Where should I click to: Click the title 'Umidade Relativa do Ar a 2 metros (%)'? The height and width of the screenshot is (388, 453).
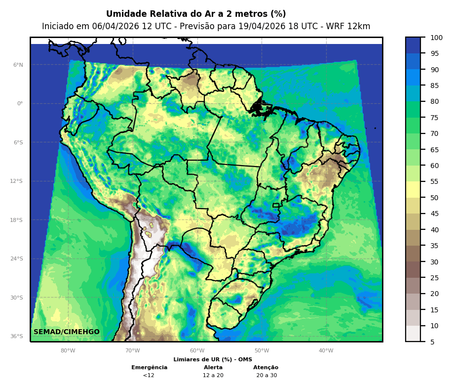pyautogui.click(x=196, y=14)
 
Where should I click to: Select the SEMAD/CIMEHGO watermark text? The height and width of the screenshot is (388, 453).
pyautogui.click(x=67, y=332)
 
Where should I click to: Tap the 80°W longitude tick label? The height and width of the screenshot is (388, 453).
pyautogui.click(x=68, y=351)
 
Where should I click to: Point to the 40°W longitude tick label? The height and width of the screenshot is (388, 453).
pyautogui.click(x=326, y=351)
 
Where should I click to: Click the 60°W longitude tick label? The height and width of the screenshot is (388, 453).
pyautogui.click(x=197, y=351)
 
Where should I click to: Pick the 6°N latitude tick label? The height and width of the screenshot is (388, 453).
pyautogui.click(x=18, y=65)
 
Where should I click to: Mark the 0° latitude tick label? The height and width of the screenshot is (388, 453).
pyautogui.click(x=20, y=104)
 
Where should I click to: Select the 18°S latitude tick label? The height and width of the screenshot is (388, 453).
pyautogui.click(x=17, y=220)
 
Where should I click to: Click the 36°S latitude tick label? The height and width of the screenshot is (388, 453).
pyautogui.click(x=17, y=336)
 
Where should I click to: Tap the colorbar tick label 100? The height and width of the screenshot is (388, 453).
pyautogui.click(x=436, y=38)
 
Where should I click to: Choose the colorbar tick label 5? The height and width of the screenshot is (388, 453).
pyautogui.click(x=432, y=342)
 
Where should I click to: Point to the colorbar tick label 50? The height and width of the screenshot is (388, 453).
pyautogui.click(x=434, y=198)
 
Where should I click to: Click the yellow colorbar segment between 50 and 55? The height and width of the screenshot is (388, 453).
pyautogui.click(x=413, y=189)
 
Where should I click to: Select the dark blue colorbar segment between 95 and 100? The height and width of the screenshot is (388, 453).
pyautogui.click(x=413, y=45)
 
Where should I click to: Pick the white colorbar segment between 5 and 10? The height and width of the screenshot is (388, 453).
pyautogui.click(x=413, y=334)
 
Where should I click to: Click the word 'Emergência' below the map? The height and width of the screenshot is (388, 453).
pyautogui.click(x=150, y=367)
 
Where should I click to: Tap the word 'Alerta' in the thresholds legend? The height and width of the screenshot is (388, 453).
pyautogui.click(x=213, y=367)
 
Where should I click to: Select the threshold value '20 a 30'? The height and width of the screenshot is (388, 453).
pyautogui.click(x=266, y=375)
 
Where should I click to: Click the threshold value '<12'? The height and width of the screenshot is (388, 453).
pyautogui.click(x=149, y=375)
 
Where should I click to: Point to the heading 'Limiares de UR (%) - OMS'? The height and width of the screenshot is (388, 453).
pyautogui.click(x=213, y=359)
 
